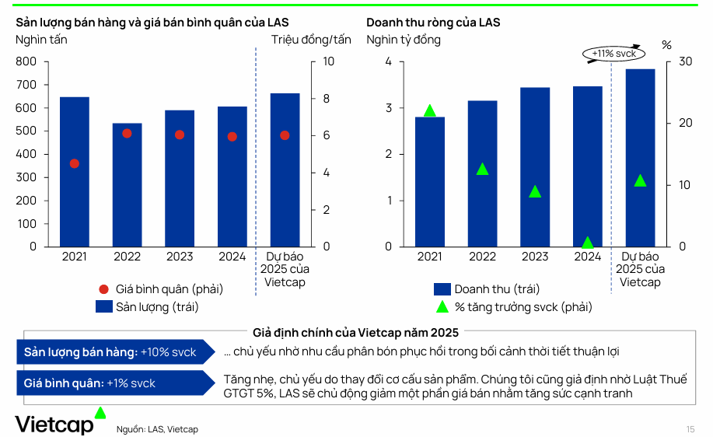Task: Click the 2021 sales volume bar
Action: (75, 171)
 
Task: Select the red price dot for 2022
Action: (127, 133)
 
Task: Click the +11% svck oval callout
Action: (613, 54)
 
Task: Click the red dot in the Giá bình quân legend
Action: (103, 288)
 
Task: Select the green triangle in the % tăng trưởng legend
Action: (442, 306)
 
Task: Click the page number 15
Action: (690, 429)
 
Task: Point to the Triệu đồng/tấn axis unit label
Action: (311, 40)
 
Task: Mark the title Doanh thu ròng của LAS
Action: (433, 23)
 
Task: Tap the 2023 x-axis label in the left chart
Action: (180, 257)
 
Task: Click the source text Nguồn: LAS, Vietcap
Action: (157, 429)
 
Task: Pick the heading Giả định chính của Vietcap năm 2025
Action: (355, 332)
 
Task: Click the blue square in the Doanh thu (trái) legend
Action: (442, 288)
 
